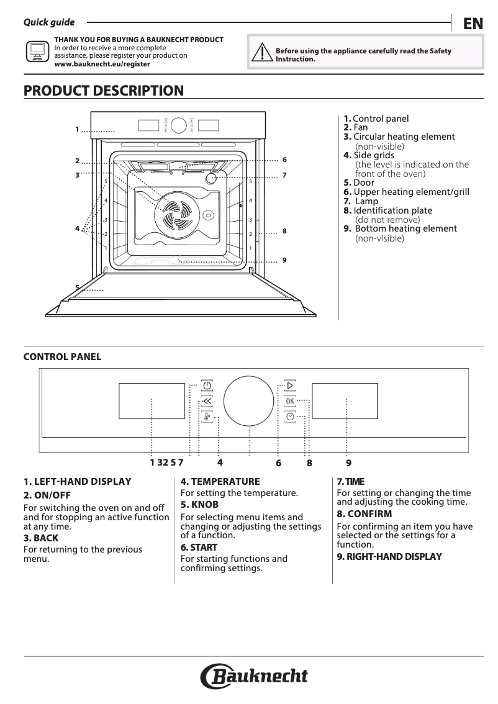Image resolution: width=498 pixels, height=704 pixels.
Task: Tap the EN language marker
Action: pos(473,24)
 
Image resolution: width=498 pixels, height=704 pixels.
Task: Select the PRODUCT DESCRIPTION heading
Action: pos(104,91)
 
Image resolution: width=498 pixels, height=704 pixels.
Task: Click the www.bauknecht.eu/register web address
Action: pos(102,63)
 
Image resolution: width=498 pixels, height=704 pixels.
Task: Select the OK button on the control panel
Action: pos(290,401)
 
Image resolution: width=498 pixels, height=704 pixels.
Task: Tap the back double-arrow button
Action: pos(207,401)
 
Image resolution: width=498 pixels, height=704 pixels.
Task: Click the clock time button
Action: pos(290,417)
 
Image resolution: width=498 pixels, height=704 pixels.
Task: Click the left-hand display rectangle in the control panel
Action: pos(152,400)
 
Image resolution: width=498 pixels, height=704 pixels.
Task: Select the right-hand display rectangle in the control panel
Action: pos(347,400)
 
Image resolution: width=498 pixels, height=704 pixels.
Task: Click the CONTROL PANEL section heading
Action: pos(62,357)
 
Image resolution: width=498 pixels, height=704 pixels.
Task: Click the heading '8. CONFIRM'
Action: pos(364,514)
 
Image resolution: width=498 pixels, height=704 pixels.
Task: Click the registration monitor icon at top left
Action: pos(36,51)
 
